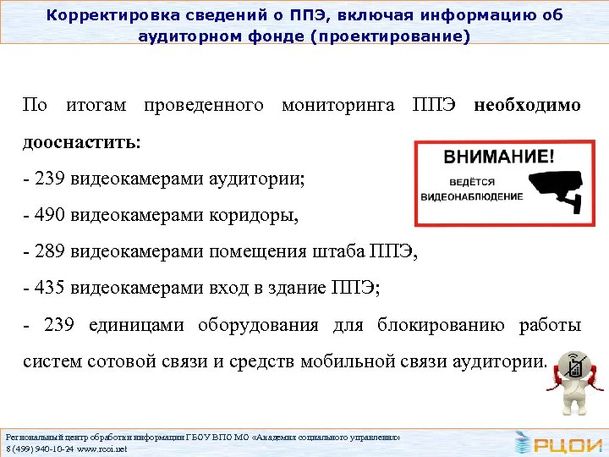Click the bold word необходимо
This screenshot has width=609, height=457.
528,106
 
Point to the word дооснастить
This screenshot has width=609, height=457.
81,142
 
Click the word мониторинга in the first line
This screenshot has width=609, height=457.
337,106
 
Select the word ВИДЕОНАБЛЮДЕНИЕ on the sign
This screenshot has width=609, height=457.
472,196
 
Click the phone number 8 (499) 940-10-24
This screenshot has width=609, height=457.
39,449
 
